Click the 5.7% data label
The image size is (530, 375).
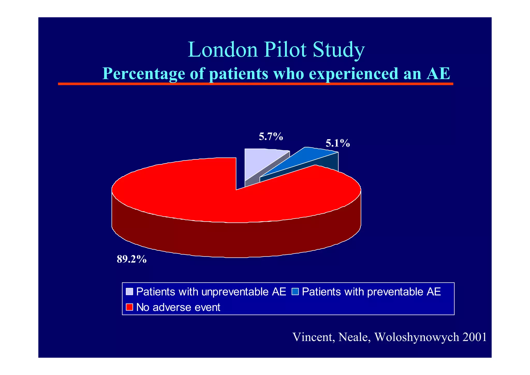[x=271, y=136]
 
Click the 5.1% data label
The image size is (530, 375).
[x=337, y=143]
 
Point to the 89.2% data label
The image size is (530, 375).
[x=132, y=259]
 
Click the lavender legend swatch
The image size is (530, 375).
[x=129, y=292]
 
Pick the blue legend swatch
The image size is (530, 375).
[x=295, y=292]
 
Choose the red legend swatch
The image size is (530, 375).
[x=129, y=307]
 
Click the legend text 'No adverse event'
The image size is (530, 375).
[x=178, y=307]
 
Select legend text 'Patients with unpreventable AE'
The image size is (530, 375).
[x=211, y=292]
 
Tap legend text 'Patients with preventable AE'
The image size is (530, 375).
[x=371, y=292]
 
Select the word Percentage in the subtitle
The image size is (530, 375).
[x=144, y=74]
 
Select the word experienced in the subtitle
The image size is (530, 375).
[x=354, y=74]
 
